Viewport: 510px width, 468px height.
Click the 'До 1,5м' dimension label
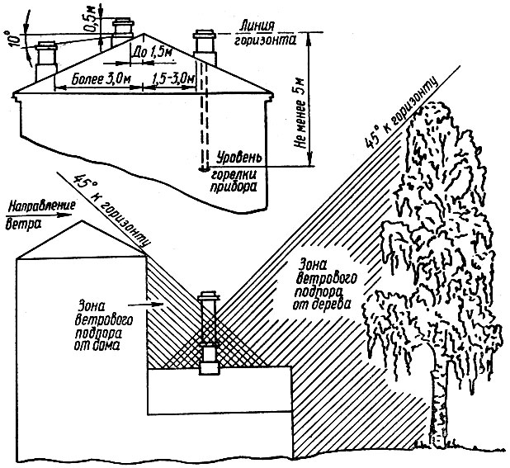point(152,52)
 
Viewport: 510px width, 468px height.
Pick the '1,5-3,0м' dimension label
point(174,78)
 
